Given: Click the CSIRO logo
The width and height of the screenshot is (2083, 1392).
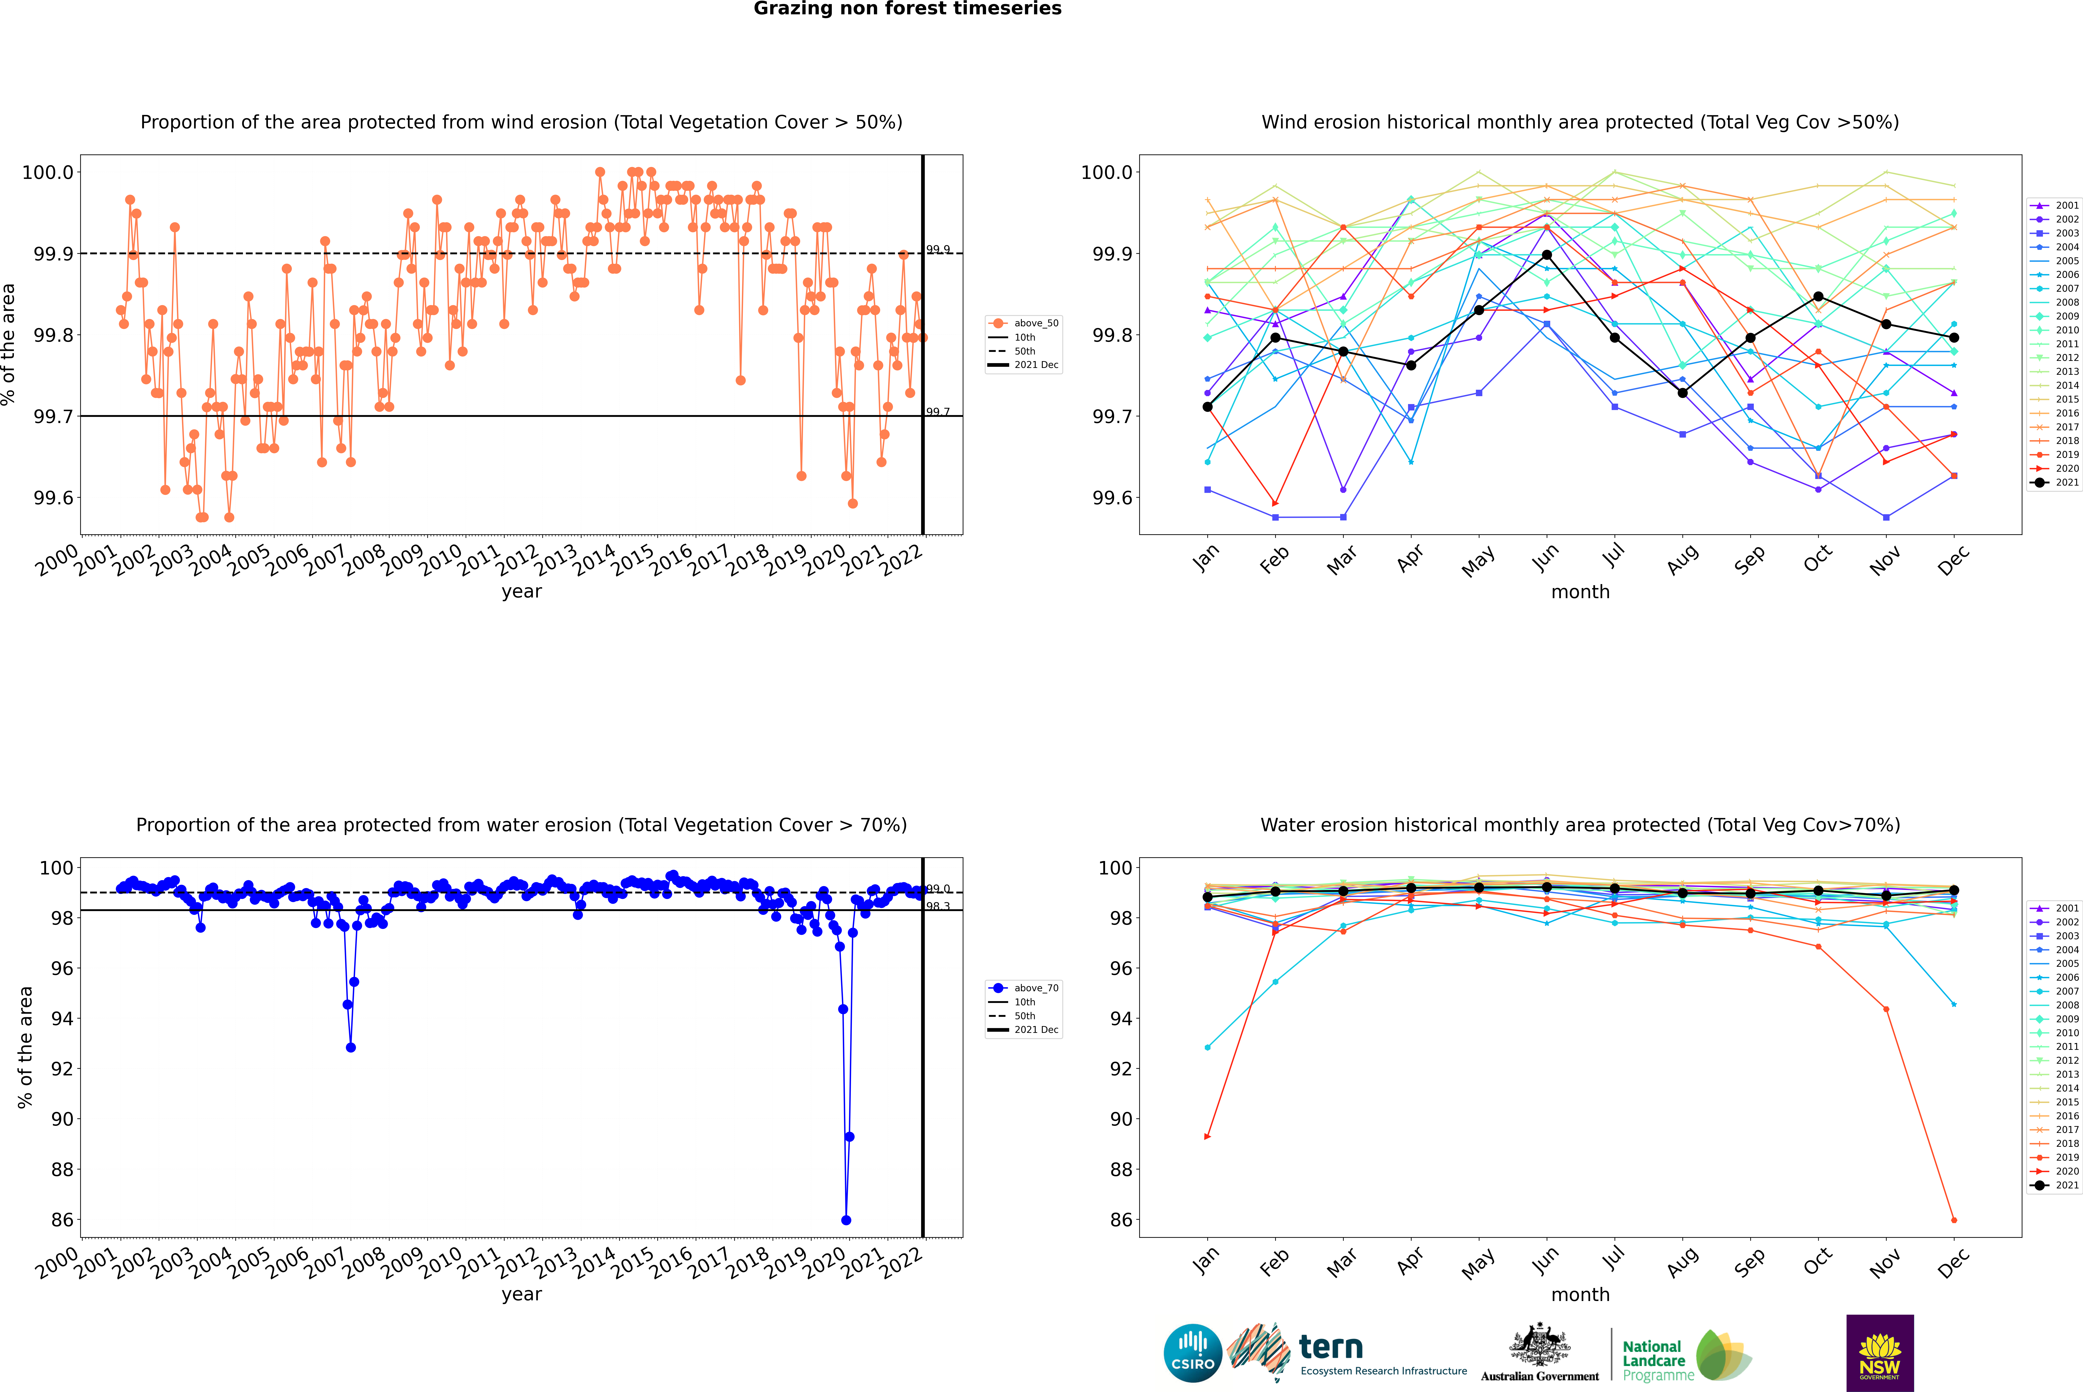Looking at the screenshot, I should [x=1193, y=1353].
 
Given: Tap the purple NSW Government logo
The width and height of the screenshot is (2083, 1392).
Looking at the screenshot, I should [x=1880, y=1353].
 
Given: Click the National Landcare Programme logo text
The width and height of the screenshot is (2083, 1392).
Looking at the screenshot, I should [x=1653, y=1360].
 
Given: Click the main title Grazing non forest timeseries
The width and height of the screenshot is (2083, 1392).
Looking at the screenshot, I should [x=907, y=9].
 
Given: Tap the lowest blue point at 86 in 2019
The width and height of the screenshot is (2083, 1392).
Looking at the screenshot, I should [x=846, y=1220].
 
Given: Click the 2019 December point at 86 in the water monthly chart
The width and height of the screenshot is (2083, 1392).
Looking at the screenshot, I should [x=1953, y=1220].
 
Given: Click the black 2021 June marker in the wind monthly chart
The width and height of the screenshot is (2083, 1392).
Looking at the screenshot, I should [x=1547, y=255].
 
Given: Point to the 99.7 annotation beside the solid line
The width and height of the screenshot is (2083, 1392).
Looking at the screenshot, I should [x=938, y=412].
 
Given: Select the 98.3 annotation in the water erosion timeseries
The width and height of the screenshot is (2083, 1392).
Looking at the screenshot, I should [x=938, y=906].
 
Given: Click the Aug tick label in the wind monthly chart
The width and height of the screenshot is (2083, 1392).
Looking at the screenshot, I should [x=1683, y=559].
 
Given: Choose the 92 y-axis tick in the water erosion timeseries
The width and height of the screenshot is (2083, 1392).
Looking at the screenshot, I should [x=62, y=1069].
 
